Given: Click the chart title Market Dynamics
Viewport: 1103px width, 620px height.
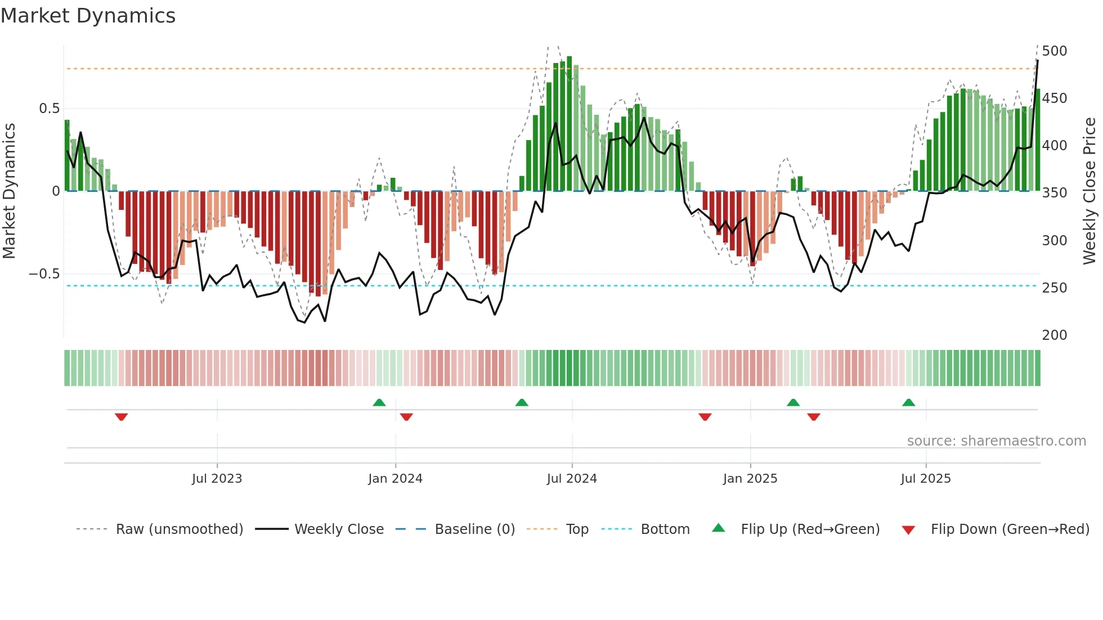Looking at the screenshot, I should coord(88,16).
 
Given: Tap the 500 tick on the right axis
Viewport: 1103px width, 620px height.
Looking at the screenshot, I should coord(1054,51).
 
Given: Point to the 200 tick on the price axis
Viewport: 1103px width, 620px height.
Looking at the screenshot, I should coord(1054,335).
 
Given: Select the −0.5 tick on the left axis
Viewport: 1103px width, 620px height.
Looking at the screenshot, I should coord(44,274).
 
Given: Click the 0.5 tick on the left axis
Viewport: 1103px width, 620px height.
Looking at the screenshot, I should coord(49,109).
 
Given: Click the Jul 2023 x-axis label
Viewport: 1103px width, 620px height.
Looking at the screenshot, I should coord(217,479).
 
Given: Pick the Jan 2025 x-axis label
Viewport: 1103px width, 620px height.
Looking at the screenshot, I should coord(750,479).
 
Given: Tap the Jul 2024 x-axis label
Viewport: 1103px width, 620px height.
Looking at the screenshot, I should coord(571,479).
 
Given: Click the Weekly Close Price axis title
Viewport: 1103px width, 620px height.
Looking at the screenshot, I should coord(1089,191).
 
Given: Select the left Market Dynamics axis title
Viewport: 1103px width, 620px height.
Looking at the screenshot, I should coord(9,191).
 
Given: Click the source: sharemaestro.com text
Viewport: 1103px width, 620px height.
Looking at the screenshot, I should coord(996,441).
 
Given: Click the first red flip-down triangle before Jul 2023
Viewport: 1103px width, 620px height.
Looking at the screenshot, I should coord(121,417).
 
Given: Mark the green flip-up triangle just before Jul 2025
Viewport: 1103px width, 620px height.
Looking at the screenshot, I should coord(908,402).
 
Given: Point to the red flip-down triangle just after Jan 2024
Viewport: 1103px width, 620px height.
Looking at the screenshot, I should coord(406,417).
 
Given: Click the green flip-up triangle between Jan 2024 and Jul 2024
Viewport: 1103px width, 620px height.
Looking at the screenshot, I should coord(522,402).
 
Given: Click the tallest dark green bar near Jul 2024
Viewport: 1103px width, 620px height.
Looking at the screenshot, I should coord(570,124).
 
